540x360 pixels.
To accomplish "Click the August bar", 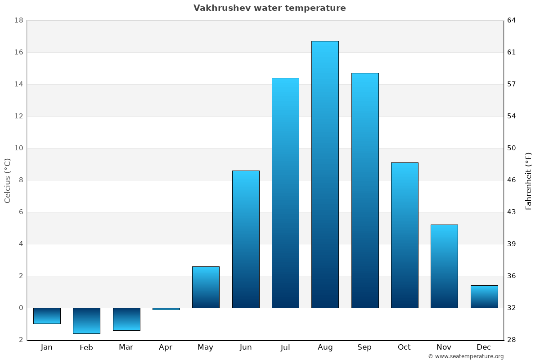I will [x=325, y=175].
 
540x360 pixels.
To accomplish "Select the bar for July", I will [x=285, y=193].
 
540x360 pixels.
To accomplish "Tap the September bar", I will [x=365, y=190].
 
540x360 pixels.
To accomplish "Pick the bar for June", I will [x=246, y=239].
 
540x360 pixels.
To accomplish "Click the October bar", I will [x=405, y=235].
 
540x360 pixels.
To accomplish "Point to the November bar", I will [x=444, y=266].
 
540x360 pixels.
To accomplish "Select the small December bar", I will [x=484, y=297].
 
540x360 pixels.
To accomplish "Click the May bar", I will [x=206, y=287].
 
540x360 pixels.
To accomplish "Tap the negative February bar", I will [x=86, y=321].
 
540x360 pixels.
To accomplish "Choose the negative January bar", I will [x=47, y=316].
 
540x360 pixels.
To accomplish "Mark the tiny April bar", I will [x=166, y=309].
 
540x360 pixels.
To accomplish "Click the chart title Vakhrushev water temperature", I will [x=270, y=8].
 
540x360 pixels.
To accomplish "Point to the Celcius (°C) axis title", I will [x=7, y=180].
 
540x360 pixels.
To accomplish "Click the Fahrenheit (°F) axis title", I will [x=528, y=181].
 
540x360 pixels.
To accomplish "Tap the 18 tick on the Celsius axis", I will [x=19, y=20].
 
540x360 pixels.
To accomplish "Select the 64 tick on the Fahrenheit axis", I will [x=512, y=20].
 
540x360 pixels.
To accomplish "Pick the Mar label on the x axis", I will [x=126, y=347].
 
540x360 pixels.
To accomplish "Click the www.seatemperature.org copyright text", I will [x=466, y=356].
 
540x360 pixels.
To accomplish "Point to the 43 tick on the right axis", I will [x=512, y=212].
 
